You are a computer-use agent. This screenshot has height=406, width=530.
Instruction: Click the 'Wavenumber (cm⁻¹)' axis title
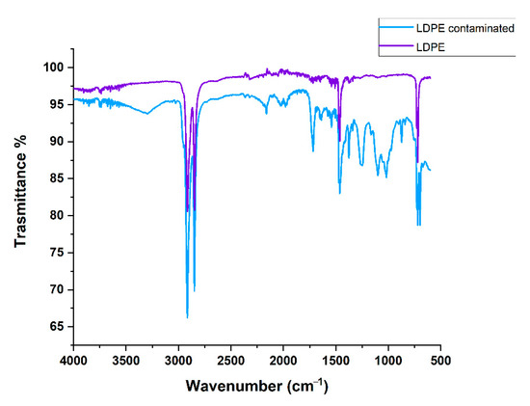pos(256,386)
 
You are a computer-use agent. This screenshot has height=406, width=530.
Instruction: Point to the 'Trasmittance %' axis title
pos(20,197)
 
